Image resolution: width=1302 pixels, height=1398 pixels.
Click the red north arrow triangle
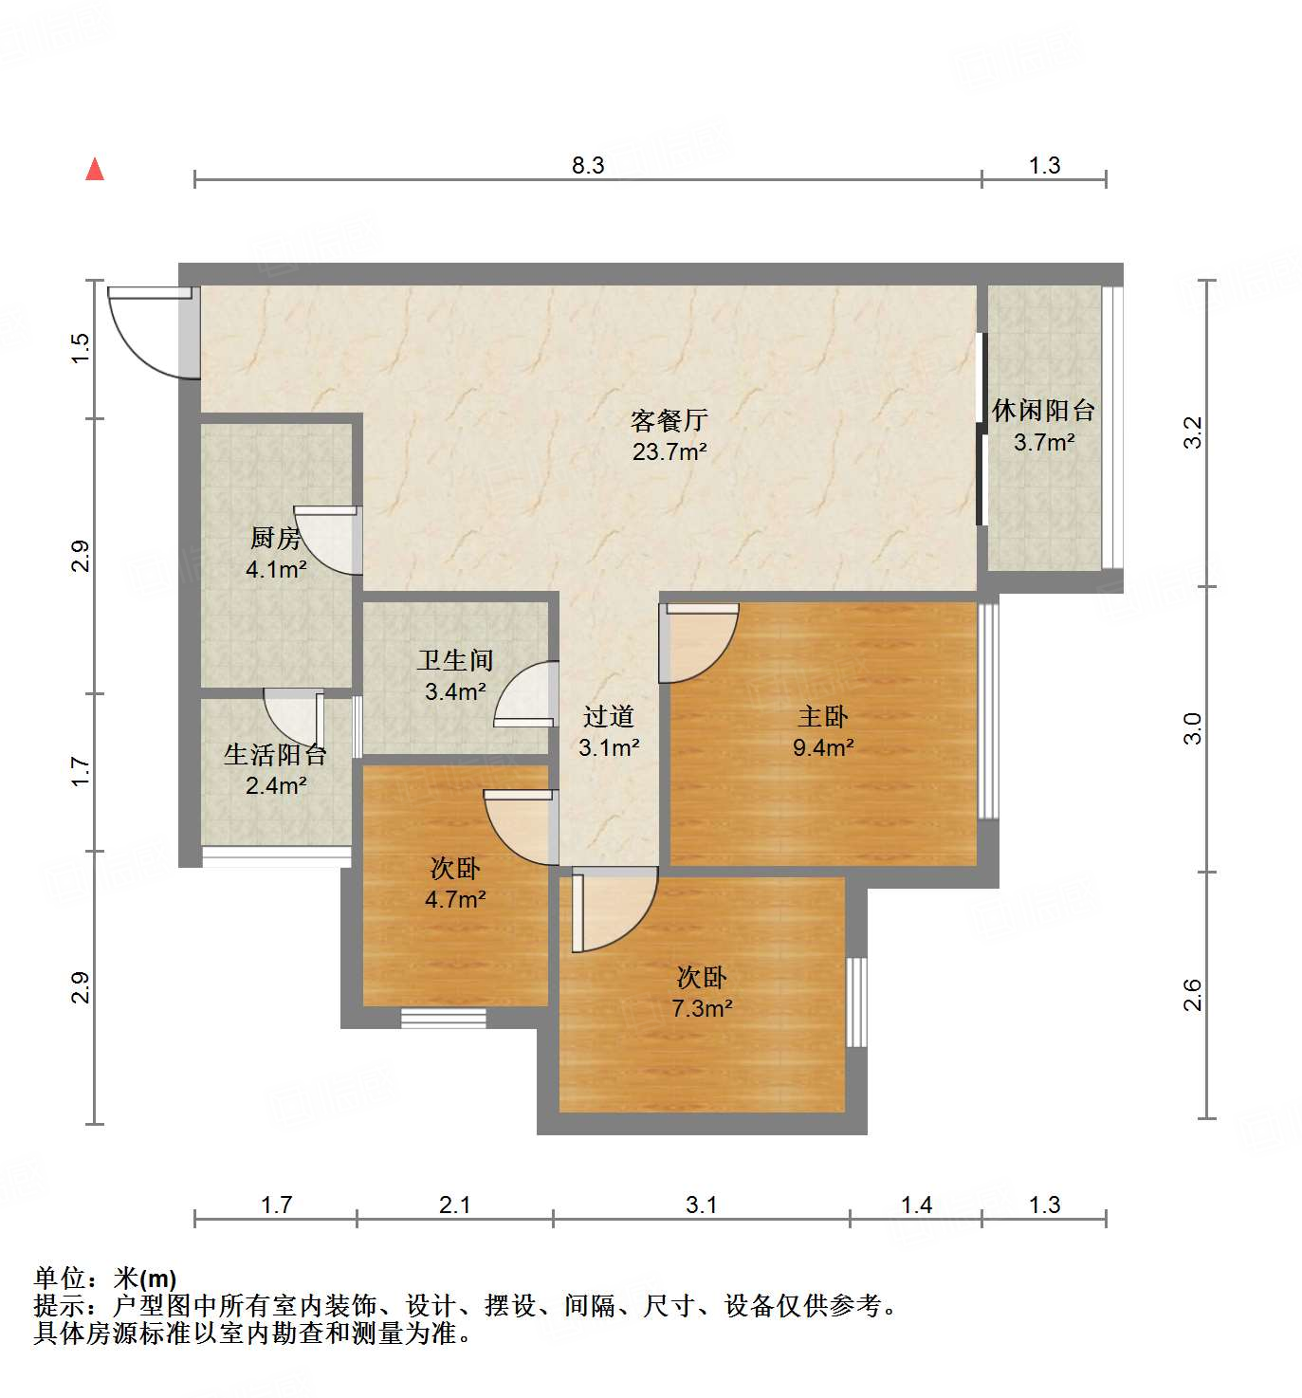pyautogui.click(x=95, y=169)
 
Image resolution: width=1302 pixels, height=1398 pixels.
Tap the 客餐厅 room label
pyautogui.click(x=669, y=420)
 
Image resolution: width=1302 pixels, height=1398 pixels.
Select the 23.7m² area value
pyautogui.click(x=669, y=451)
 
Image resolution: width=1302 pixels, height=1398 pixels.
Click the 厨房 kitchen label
pyautogui.click(x=275, y=538)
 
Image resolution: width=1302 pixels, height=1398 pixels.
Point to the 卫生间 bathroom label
pyautogui.click(x=455, y=660)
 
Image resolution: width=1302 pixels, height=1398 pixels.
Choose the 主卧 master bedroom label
pyautogui.click(x=822, y=716)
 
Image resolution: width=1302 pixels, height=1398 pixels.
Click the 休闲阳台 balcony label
pyautogui.click(x=1043, y=411)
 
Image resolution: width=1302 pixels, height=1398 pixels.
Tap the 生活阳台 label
pyautogui.click(x=275, y=755)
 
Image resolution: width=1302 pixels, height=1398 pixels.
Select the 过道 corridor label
pyautogui.click(x=608, y=716)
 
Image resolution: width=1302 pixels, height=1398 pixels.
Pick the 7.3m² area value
pyautogui.click(x=702, y=1008)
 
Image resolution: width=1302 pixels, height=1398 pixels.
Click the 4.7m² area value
pyautogui.click(x=455, y=899)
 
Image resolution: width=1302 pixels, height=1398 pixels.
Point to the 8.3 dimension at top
pyautogui.click(x=588, y=165)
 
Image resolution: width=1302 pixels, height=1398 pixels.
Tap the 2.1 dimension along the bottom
pyautogui.click(x=455, y=1205)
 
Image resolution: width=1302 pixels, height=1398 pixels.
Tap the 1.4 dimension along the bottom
pyautogui.click(x=916, y=1205)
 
